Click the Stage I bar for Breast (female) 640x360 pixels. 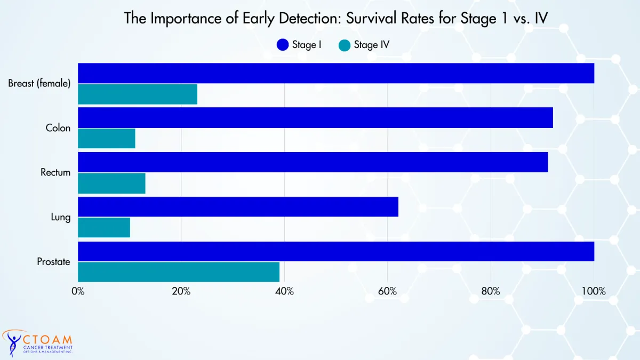pyautogui.click(x=336, y=73)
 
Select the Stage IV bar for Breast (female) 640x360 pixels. pyautogui.click(x=138, y=94)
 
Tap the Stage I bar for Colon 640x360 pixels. pyautogui.click(x=315, y=118)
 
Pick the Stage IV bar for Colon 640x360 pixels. pyautogui.click(x=107, y=139)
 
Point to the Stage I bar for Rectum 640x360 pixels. pyautogui.click(x=313, y=162)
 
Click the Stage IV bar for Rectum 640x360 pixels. pyautogui.click(x=111, y=183)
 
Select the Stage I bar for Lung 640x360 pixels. pyautogui.click(x=238, y=207)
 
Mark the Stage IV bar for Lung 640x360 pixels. pyautogui.click(x=104, y=227)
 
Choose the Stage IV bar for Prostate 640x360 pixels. pyautogui.click(x=179, y=272)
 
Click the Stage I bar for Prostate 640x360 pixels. pyautogui.click(x=336, y=251)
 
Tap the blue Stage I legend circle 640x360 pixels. pyautogui.click(x=283, y=45)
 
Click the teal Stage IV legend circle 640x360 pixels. pyautogui.click(x=345, y=45)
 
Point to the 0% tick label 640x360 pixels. pyautogui.click(x=78, y=291)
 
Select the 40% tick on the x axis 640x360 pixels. pyautogui.click(x=284, y=291)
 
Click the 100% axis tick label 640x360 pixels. pyautogui.click(x=594, y=291)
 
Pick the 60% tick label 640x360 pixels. pyautogui.click(x=387, y=291)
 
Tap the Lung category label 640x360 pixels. pyautogui.click(x=61, y=218)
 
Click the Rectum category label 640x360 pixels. pyautogui.click(x=55, y=172)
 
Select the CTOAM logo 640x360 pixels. pyautogui.click(x=37, y=343)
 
